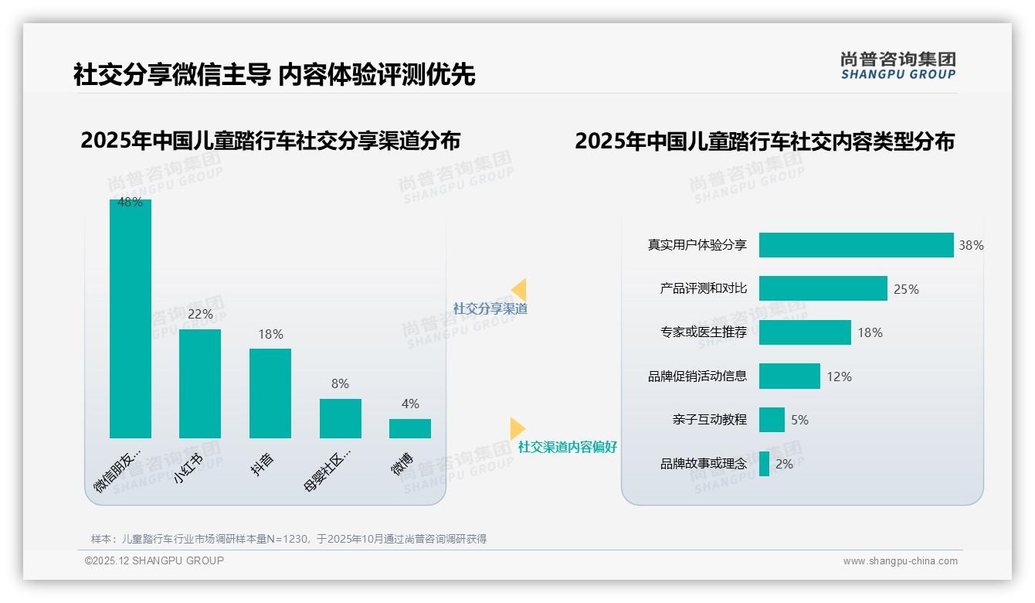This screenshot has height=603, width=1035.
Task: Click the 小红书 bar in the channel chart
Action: (200, 383)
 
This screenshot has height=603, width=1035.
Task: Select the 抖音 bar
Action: (270, 393)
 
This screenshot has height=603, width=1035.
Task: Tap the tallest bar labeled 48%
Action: (131, 319)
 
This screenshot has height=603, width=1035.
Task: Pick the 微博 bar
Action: (410, 428)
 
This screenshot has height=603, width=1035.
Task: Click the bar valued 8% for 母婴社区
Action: (341, 418)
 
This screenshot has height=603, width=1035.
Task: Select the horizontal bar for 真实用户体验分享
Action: (856, 245)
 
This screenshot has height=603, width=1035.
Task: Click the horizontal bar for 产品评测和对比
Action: (823, 288)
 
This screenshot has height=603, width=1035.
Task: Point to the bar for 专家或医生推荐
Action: (805, 332)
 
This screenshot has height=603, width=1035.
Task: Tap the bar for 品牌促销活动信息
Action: (789, 376)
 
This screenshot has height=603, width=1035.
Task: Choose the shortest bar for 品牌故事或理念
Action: (764, 464)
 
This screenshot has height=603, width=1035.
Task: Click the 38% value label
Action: (971, 246)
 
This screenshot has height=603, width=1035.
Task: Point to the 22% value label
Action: (200, 315)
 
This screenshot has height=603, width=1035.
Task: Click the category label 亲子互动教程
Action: (710, 420)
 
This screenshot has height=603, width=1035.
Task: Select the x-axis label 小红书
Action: (188, 468)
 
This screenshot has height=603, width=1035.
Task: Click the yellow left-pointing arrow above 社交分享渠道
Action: (519, 290)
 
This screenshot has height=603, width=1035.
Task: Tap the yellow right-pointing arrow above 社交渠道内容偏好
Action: (517, 428)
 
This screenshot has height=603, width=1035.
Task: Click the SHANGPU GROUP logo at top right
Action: (898, 66)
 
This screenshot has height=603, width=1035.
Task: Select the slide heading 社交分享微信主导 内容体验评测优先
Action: (274, 75)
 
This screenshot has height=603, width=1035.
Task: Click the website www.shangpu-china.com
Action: (900, 561)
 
